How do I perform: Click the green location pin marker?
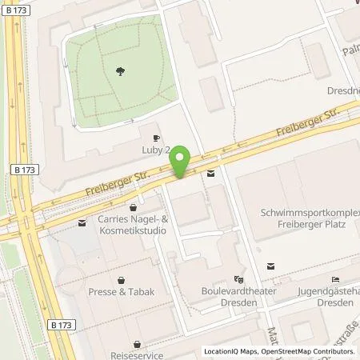point(181,162)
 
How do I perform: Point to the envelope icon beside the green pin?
point(210,173)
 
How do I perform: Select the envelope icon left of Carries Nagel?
point(83,222)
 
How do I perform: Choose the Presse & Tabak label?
point(120,293)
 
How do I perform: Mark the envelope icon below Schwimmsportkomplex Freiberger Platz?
point(270,266)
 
